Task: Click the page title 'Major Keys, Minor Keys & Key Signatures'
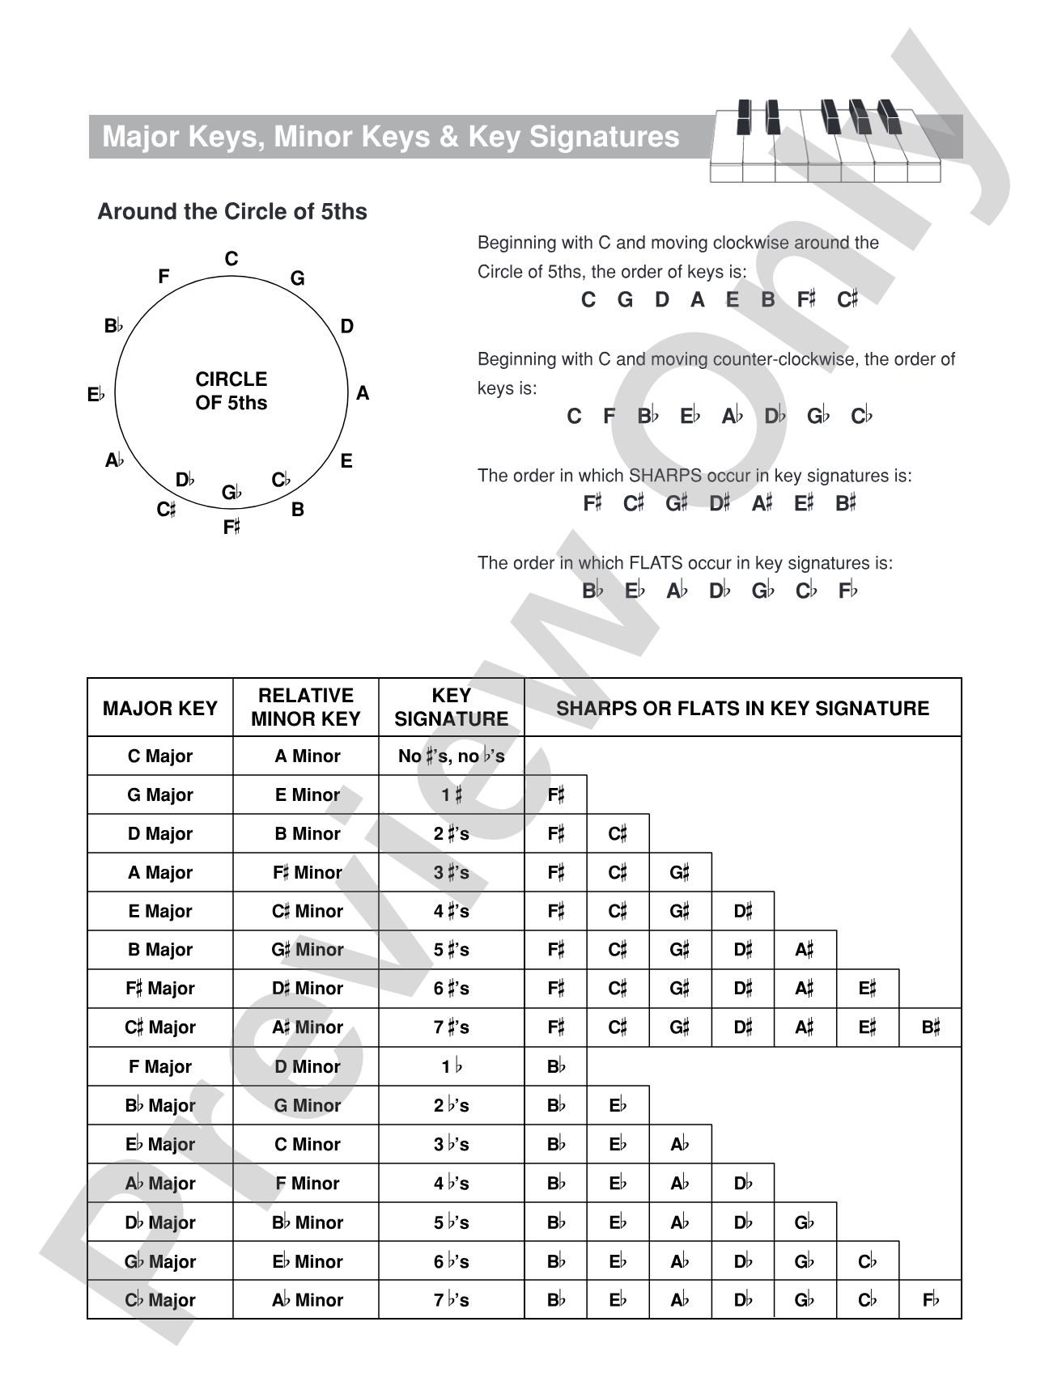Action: (390, 137)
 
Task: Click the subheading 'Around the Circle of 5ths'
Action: (232, 212)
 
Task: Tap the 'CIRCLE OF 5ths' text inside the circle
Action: (231, 391)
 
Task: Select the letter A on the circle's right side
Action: (363, 393)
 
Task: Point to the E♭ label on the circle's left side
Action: (96, 395)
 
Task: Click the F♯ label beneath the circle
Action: (231, 527)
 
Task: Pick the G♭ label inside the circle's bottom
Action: (231, 492)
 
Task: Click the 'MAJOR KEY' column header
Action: (160, 709)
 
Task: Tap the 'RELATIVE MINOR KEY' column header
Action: (306, 707)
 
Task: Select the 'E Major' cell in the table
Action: (160, 911)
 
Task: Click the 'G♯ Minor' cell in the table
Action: (307, 950)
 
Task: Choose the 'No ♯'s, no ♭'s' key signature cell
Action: (451, 756)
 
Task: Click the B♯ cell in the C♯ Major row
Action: (931, 1027)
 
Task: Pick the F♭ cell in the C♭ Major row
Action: (931, 1300)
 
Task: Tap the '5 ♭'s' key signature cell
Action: (451, 1222)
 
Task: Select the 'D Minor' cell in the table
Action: (307, 1066)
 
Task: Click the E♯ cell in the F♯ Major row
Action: (868, 989)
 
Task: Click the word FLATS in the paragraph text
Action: (656, 563)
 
